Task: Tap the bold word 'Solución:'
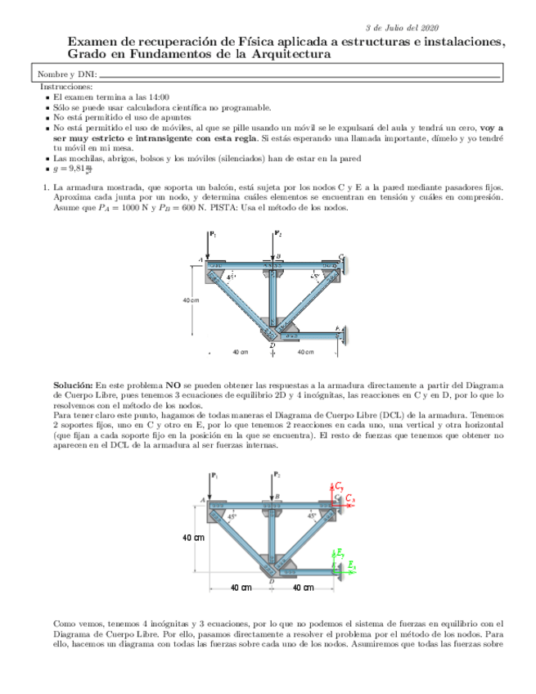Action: (73, 384)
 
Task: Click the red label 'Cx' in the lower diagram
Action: (349, 498)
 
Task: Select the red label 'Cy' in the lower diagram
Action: (339, 486)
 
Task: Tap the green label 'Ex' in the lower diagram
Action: (352, 566)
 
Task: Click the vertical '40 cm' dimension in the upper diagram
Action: (190, 300)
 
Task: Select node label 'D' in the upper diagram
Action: (273, 345)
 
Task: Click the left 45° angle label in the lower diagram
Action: (232, 516)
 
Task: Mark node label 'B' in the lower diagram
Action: (278, 497)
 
